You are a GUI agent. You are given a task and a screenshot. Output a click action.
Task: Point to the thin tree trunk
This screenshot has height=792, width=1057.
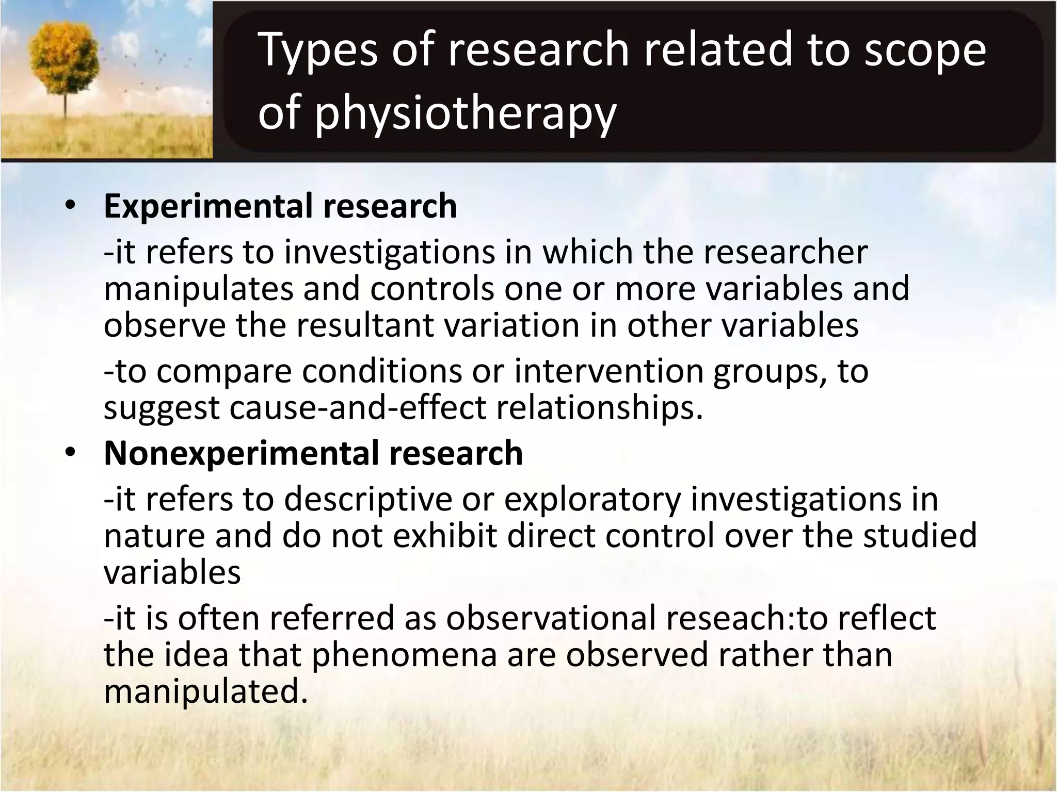(66, 103)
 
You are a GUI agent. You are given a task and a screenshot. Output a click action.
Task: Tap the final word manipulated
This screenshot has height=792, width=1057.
(205, 691)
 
